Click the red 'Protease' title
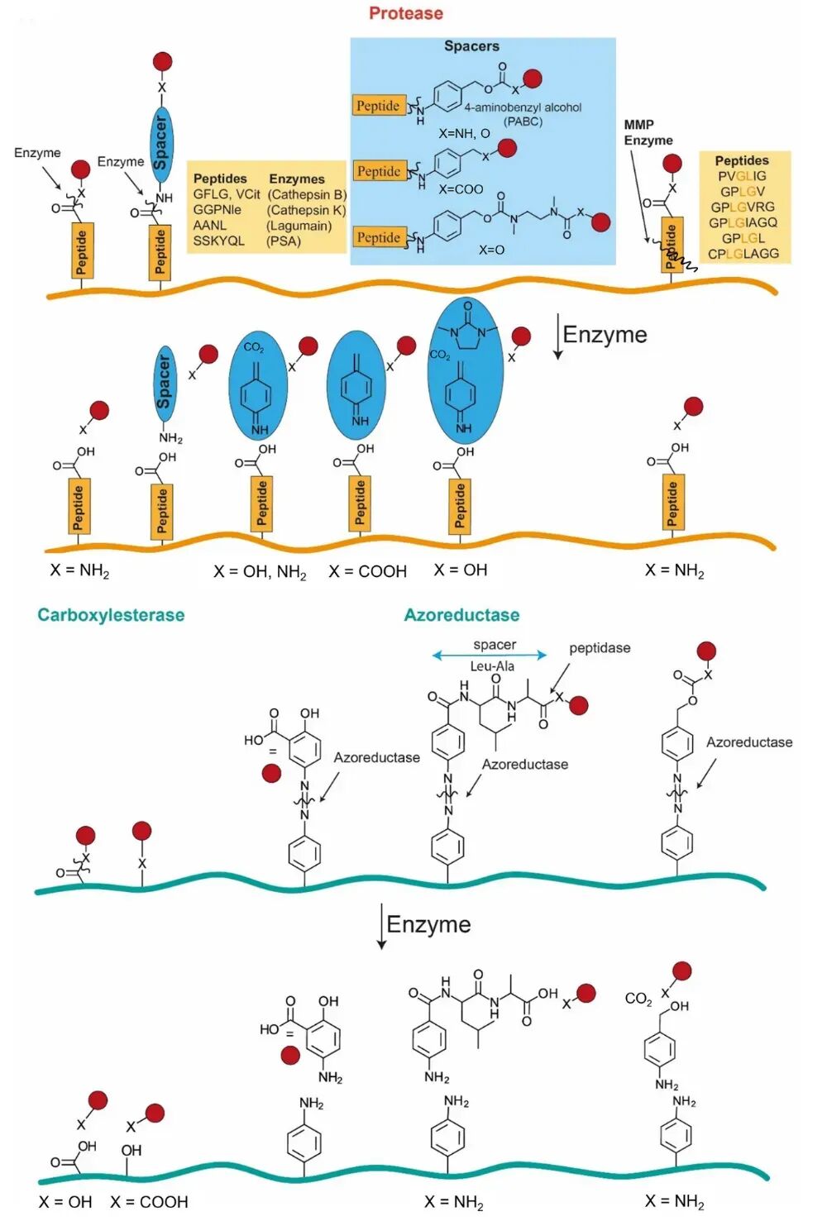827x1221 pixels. pyautogui.click(x=405, y=13)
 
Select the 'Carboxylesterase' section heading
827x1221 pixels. pyautogui.click(x=111, y=615)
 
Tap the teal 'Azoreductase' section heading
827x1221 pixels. pyautogui.click(x=461, y=615)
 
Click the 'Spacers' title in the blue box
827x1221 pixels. pyautogui.click(x=471, y=45)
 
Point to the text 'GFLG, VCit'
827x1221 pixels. pyautogui.click(x=227, y=194)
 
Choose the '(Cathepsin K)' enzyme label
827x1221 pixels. pyautogui.click(x=306, y=210)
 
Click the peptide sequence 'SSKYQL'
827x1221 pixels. pyautogui.click(x=219, y=241)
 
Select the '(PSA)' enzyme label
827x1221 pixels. pyautogui.click(x=284, y=241)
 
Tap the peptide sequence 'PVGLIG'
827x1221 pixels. pyautogui.click(x=742, y=176)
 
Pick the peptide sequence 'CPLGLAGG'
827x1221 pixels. pyautogui.click(x=743, y=254)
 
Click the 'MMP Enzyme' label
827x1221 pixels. pyautogui.click(x=648, y=132)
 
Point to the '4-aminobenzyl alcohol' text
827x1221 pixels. pyautogui.click(x=523, y=107)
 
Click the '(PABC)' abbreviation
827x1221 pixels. pyautogui.click(x=523, y=121)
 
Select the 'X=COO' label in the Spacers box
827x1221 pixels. pyautogui.click(x=461, y=189)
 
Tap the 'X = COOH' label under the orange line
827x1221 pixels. pyautogui.click(x=367, y=571)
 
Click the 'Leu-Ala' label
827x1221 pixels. pyautogui.click(x=492, y=666)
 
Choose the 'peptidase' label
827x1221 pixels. pyautogui.click(x=600, y=648)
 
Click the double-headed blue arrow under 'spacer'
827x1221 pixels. pyautogui.click(x=490, y=656)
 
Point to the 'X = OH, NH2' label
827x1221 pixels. pyautogui.click(x=260, y=572)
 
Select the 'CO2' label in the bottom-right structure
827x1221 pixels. pyautogui.click(x=638, y=999)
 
